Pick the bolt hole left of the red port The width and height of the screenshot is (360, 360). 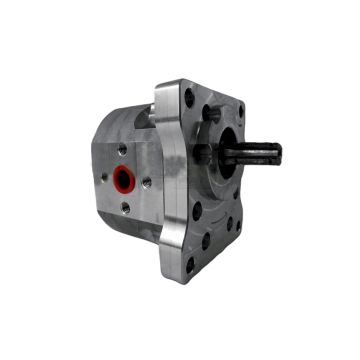click(103, 178)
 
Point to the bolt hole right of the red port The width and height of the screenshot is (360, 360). click(146, 183)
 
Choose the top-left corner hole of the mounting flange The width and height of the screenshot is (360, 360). click(189, 98)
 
